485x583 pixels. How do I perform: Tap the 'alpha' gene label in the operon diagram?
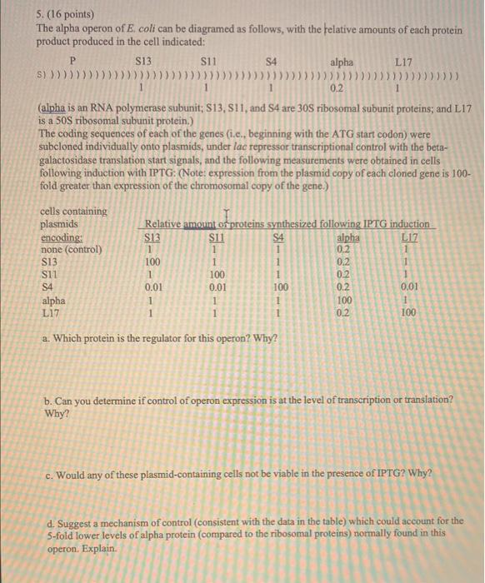(341, 61)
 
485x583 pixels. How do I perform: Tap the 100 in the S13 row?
(151, 262)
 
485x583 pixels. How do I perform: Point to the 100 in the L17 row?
(407, 313)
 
